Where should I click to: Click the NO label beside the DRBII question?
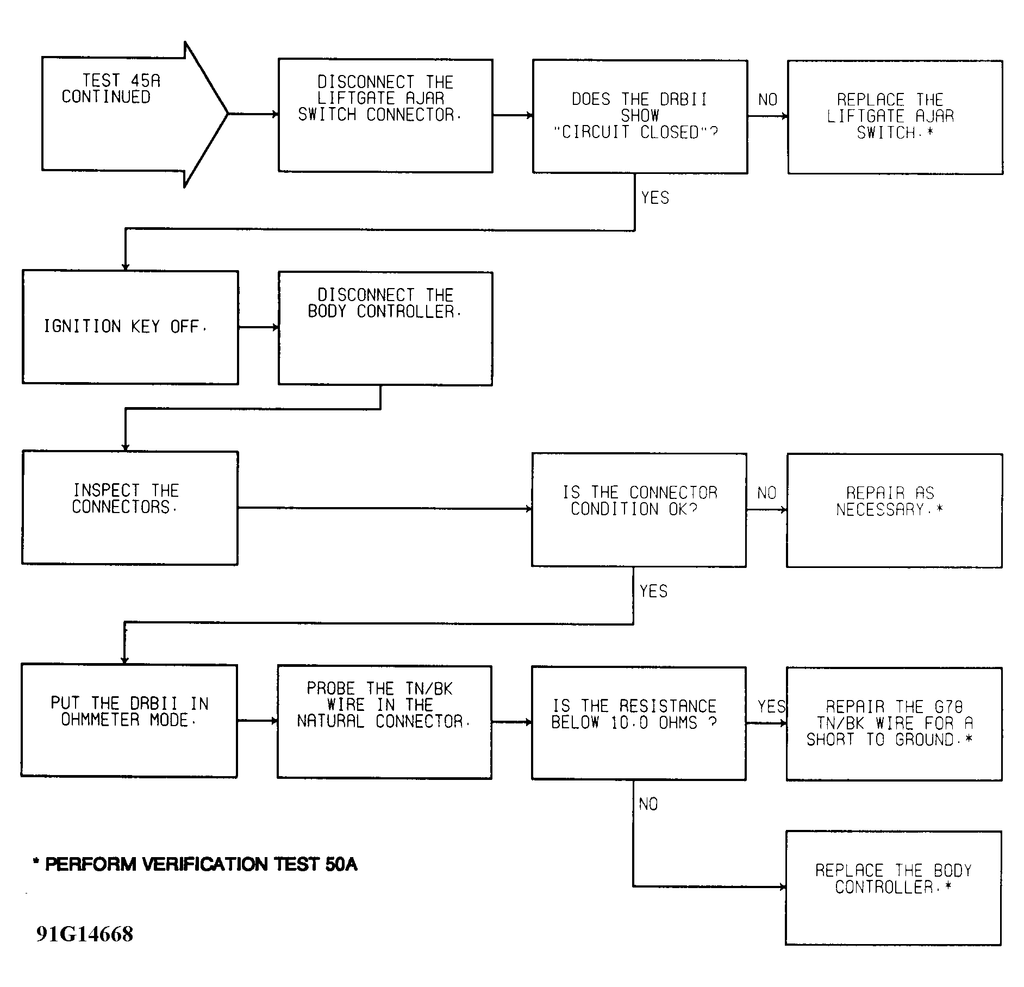click(767, 100)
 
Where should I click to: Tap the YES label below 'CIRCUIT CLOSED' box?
click(655, 198)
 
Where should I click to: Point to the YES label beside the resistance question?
click(772, 707)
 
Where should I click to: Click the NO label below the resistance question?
click(648, 804)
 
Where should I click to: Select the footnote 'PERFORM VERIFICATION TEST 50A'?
click(195, 865)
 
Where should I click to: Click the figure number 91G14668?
click(85, 934)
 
